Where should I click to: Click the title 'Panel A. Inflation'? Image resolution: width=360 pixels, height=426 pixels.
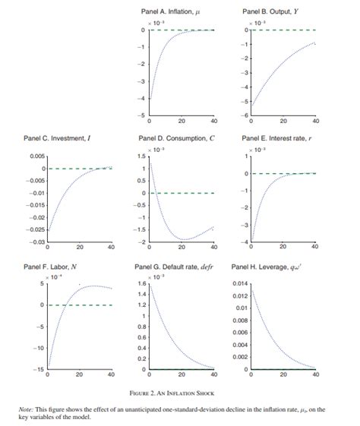tap(170, 12)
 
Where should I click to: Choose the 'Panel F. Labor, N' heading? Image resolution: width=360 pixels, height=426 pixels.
tap(54, 267)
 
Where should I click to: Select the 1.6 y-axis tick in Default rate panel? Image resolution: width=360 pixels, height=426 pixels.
tap(142, 283)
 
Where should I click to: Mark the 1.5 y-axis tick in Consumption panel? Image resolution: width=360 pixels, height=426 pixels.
tap(142, 156)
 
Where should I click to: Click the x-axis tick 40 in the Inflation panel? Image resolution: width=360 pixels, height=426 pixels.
tap(213, 121)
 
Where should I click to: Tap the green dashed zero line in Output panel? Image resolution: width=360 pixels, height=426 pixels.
tap(282, 30)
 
